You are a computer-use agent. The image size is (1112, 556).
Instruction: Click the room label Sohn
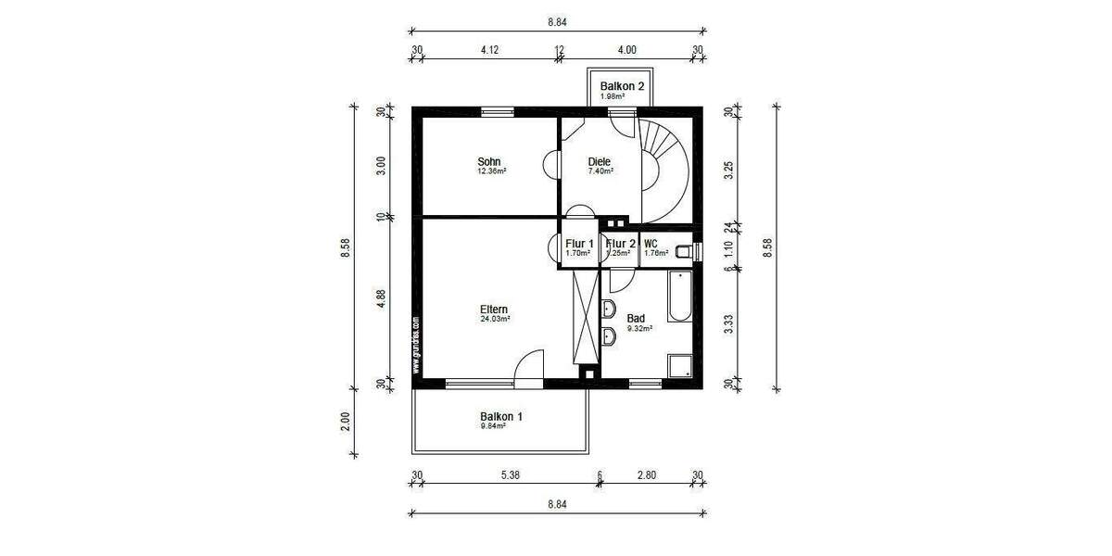click(x=489, y=160)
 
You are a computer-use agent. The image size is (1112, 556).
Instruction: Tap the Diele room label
click(x=600, y=161)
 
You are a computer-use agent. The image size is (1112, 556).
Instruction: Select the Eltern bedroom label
click(x=494, y=310)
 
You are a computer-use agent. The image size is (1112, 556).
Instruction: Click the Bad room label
click(x=636, y=318)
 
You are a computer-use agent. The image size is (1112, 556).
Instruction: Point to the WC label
click(x=651, y=244)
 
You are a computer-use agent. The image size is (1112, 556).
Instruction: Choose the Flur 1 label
click(x=579, y=244)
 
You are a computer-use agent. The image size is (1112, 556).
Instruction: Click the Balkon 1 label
click(x=500, y=417)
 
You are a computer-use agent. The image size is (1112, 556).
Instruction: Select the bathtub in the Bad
click(x=679, y=297)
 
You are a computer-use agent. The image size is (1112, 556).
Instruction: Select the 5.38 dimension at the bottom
click(x=510, y=475)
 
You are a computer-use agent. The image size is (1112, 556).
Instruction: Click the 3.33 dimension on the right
click(x=727, y=322)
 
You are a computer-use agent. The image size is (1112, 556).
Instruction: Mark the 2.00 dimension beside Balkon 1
click(x=345, y=421)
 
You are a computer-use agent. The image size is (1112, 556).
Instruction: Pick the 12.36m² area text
click(x=490, y=171)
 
